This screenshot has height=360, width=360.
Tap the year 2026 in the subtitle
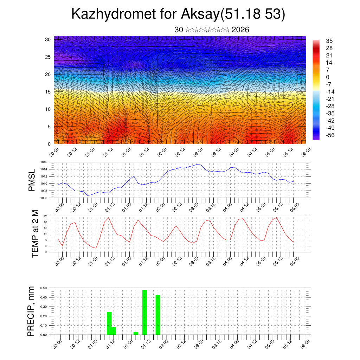pyautogui.click(x=240, y=30)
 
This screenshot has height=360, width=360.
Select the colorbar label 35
pyautogui.click(x=329, y=41)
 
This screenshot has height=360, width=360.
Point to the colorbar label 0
pyautogui.click(x=328, y=77)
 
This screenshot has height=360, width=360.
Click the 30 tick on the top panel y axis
pyautogui.click(x=48, y=39)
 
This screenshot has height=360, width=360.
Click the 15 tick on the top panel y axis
pyautogui.click(x=48, y=92)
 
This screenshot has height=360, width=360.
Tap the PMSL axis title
pyautogui.click(x=32, y=180)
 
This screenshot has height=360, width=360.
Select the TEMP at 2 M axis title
pyautogui.click(x=35, y=233)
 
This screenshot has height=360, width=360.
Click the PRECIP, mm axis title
pyautogui.click(x=32, y=311)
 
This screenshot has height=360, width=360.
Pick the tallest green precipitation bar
pyautogui.click(x=144, y=312)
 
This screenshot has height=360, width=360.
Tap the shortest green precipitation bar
pyautogui.click(x=136, y=333)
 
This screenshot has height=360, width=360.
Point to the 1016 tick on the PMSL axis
pyautogui.click(x=44, y=162)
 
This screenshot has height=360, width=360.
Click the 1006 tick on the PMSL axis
pyautogui.click(x=44, y=198)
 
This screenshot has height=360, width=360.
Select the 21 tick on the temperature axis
pyautogui.click(x=46, y=216)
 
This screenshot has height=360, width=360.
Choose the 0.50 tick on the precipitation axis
pyautogui.click(x=44, y=288)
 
